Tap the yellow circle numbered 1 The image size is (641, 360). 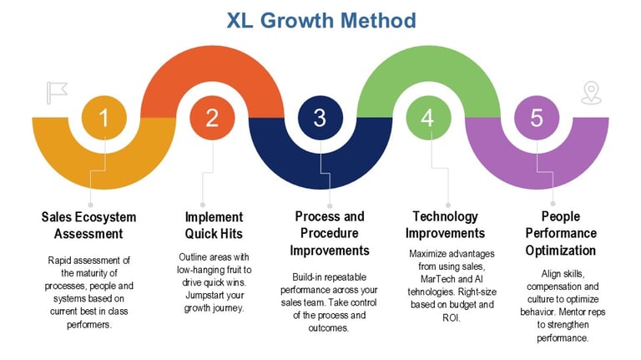point(103,118)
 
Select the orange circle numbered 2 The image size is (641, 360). point(212,118)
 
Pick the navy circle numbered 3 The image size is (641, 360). point(320,118)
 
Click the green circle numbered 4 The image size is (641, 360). point(428,118)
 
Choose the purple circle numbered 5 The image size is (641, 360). point(536,118)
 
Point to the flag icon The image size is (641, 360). point(57,91)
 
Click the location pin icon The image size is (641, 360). point(592,92)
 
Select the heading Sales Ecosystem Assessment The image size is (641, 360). point(88,226)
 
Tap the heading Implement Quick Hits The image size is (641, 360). point(214,226)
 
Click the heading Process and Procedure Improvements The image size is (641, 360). point(330,233)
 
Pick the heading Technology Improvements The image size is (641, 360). point(449,226)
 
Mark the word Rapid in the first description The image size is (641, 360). point(63,260)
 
